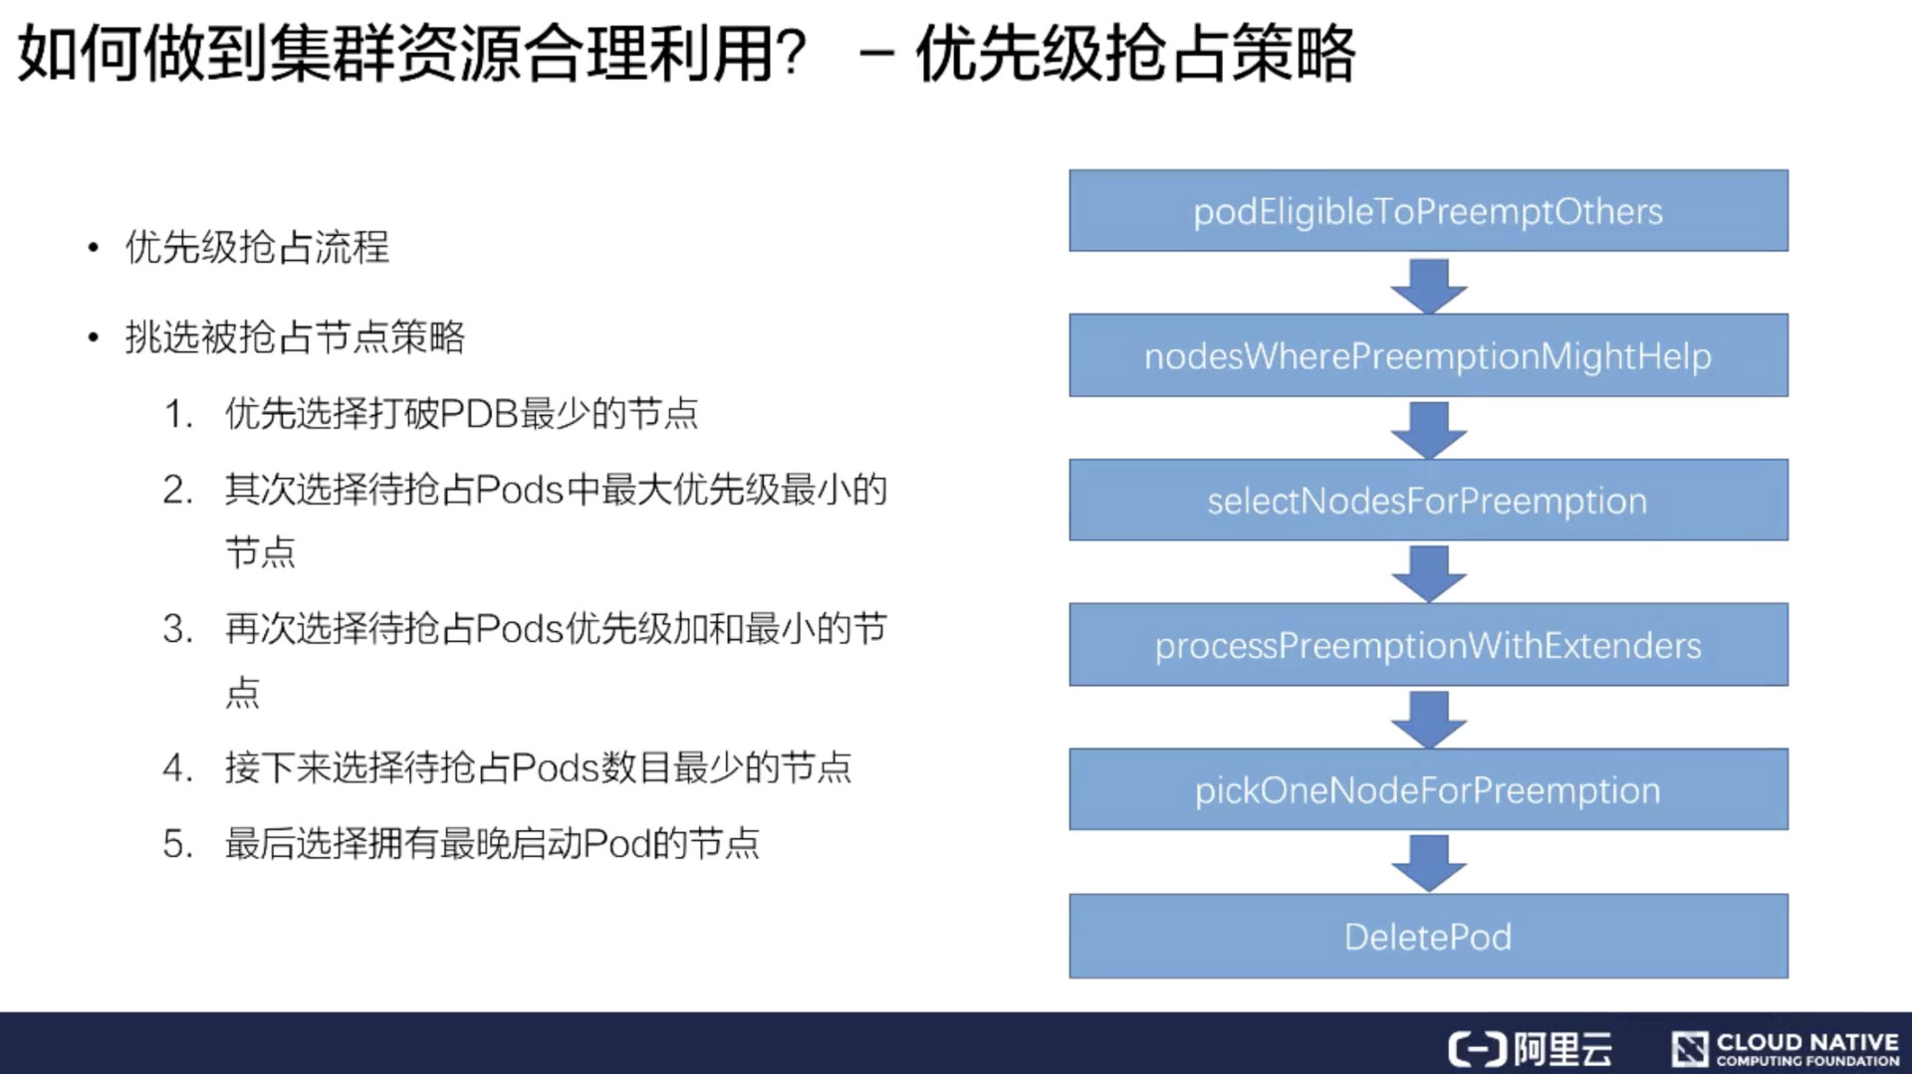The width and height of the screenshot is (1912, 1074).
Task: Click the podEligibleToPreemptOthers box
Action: click(x=1428, y=211)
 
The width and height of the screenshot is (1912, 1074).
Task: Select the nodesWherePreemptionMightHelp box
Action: click(x=1428, y=355)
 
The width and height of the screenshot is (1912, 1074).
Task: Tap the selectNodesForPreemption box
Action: click(x=1428, y=500)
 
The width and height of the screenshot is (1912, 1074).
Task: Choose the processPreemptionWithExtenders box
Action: click(x=1428, y=645)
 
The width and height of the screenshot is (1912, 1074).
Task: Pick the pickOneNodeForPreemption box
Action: click(x=1428, y=789)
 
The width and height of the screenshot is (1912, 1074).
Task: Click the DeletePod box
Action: click(x=1428, y=936)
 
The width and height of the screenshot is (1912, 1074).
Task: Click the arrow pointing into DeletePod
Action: click(x=1428, y=862)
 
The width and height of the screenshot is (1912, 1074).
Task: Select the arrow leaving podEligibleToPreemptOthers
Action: click(x=1428, y=285)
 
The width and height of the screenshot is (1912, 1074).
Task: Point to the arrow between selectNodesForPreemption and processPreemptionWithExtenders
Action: click(x=1428, y=573)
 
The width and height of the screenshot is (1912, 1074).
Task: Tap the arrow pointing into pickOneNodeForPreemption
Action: click(x=1428, y=718)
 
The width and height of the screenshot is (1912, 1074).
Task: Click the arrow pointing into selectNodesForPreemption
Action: click(x=1428, y=429)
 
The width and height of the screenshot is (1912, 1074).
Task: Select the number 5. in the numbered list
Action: click(x=177, y=844)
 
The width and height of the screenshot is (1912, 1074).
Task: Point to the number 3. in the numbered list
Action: click(x=177, y=629)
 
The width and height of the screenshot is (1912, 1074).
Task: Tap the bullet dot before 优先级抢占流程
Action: click(x=93, y=248)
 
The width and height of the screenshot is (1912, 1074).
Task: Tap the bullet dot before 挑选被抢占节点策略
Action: click(x=93, y=338)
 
